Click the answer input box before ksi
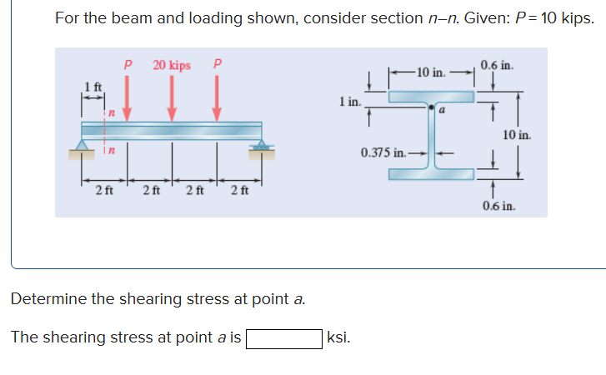pyautogui.click(x=283, y=338)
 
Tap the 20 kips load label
pyautogui.click(x=172, y=65)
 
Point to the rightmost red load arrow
pyautogui.click(x=217, y=96)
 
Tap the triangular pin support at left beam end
pyautogui.click(x=82, y=147)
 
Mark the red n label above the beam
pyautogui.click(x=108, y=112)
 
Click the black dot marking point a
pyautogui.click(x=431, y=107)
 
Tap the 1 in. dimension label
pyautogui.click(x=349, y=102)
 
